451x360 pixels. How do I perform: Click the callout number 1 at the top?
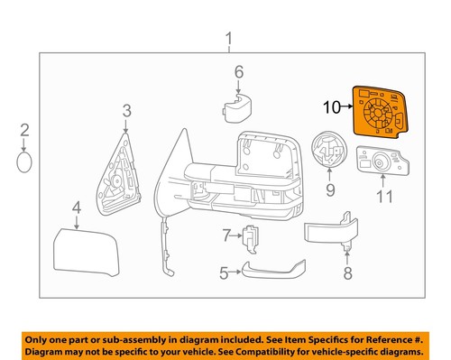pos(228,39)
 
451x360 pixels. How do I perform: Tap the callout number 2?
pos(25,131)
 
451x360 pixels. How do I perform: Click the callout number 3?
pos(126,111)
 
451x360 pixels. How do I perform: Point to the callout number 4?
pos(77,209)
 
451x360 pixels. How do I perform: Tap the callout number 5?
pos(224,270)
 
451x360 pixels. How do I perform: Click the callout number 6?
pos(239,72)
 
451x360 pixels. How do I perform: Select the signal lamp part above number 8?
pos(327,232)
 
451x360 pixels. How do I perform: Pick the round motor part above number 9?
pos(326,151)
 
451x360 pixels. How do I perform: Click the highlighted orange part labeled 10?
pos(380,109)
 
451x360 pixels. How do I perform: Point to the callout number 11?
pos(385,195)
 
